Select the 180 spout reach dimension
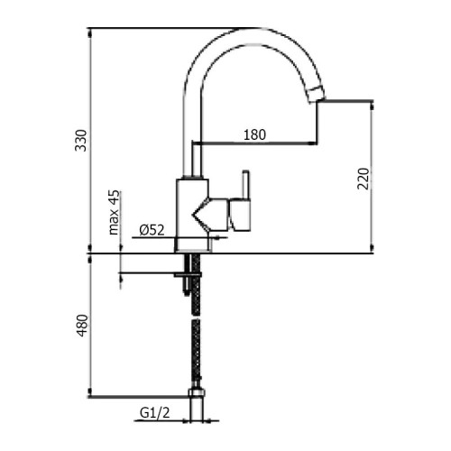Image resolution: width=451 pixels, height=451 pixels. coord(254,135)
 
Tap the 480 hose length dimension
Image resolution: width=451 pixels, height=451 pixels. coord(80,325)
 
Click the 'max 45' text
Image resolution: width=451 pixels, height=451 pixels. coord(115,212)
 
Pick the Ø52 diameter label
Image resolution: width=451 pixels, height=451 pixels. coord(152,231)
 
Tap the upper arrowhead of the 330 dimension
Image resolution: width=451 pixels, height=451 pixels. coord(89,31)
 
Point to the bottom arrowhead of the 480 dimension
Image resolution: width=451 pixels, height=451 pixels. coord(89,394)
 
